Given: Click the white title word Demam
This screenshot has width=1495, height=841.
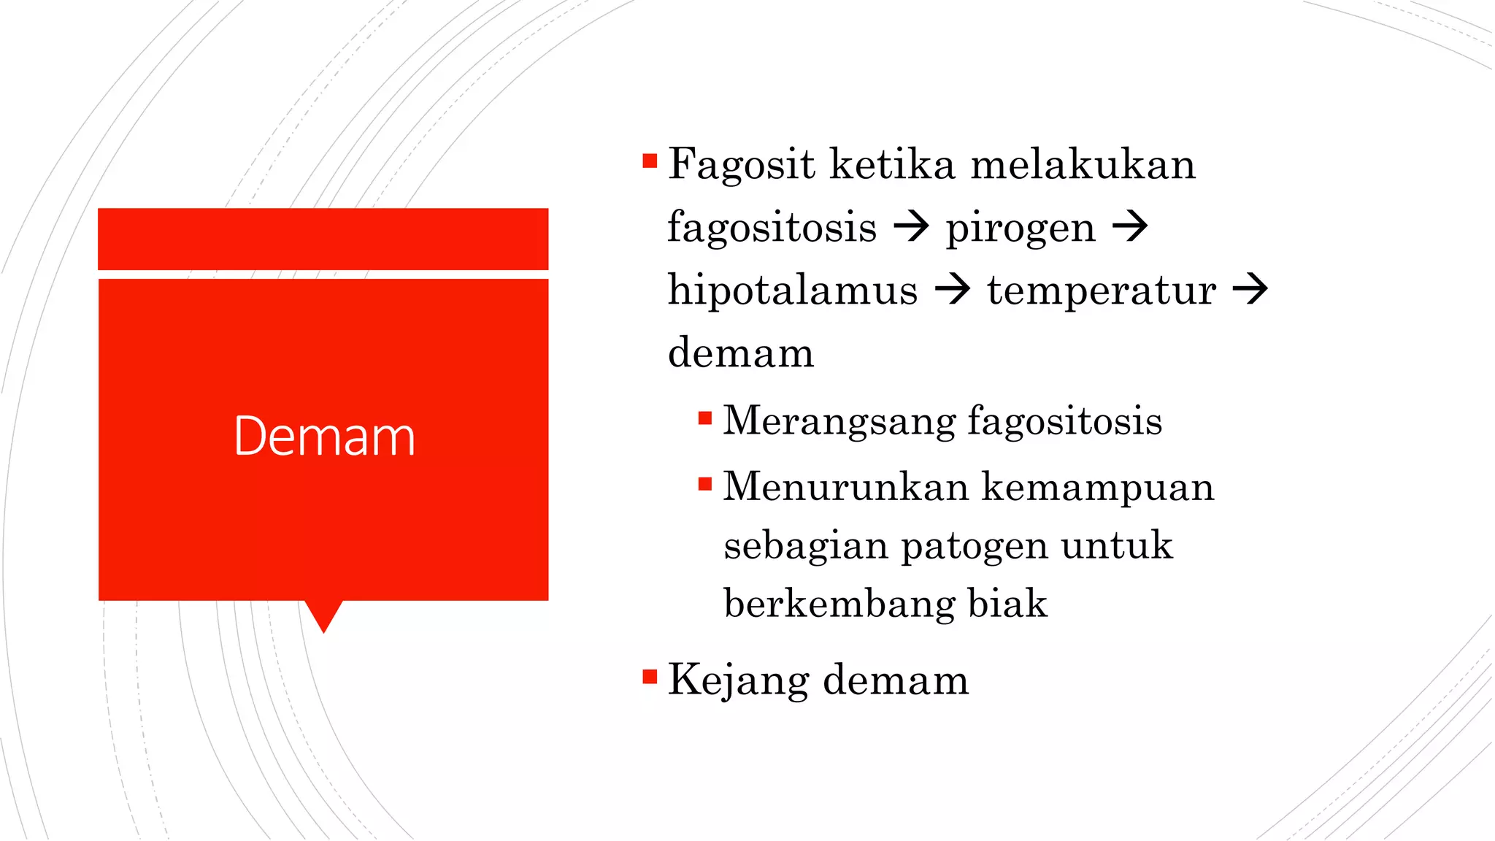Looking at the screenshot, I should (x=324, y=437).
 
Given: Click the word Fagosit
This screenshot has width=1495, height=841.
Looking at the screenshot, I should (x=740, y=164).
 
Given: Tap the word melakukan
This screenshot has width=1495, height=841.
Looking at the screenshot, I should (x=1083, y=164).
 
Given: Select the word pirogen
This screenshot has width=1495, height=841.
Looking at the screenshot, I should (x=1021, y=228).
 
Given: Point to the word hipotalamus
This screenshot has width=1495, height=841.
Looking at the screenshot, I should (x=793, y=290).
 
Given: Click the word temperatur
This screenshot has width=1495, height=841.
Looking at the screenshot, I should (x=1102, y=290).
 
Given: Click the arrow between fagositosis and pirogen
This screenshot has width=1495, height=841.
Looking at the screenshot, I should (x=911, y=227).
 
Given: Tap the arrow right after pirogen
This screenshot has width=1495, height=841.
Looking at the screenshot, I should (x=1130, y=227).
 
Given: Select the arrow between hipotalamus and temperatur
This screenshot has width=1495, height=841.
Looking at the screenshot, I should (x=953, y=289).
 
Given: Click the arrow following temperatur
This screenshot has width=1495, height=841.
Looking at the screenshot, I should (x=1250, y=289).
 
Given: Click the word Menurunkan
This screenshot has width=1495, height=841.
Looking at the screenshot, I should (x=845, y=487).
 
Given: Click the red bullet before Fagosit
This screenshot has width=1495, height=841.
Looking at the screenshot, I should (x=650, y=161).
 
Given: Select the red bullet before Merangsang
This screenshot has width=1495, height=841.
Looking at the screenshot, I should (x=704, y=418).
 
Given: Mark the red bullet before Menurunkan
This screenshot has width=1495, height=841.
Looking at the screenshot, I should (x=704, y=484).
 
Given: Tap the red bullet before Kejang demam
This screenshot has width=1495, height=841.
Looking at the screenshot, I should (x=650, y=677).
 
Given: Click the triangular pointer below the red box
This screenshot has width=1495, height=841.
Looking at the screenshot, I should (x=323, y=615).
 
